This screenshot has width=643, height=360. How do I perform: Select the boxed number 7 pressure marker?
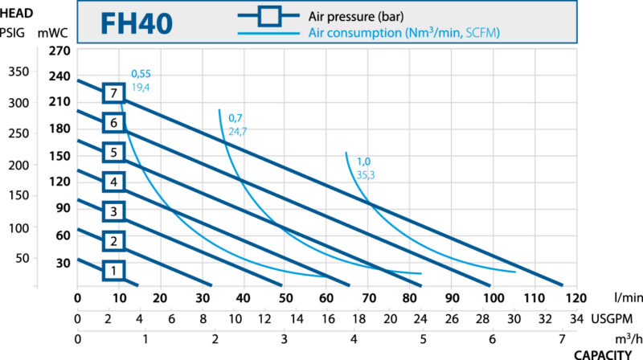113,93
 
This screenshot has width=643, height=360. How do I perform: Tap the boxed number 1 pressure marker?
113,271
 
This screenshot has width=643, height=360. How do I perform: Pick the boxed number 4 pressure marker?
113,182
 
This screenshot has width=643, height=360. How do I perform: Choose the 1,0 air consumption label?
363,162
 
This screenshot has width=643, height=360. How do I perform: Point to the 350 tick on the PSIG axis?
17,72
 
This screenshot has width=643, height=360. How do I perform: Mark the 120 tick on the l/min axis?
575,298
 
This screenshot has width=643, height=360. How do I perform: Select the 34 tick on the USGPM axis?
575,317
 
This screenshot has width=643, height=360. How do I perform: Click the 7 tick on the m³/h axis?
562,337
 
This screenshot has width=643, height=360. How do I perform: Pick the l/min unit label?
613,298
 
